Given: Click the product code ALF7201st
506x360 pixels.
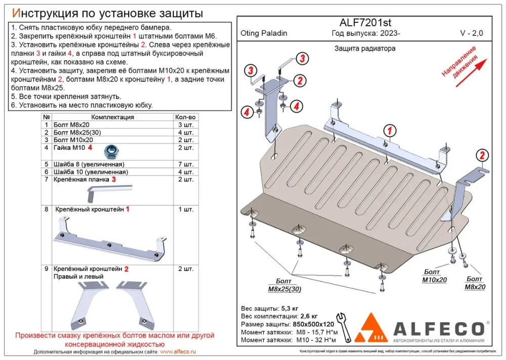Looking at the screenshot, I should pos(364,22).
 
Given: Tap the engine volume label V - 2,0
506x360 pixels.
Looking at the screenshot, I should pos(471,33).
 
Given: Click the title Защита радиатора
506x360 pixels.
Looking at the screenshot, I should pos(364,49).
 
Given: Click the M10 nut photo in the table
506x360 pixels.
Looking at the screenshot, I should pos(110,150).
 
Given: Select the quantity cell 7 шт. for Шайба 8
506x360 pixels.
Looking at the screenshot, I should pos(185,164).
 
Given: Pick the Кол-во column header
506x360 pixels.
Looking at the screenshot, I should pos(185,117).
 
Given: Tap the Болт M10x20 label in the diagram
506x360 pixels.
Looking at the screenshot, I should pos(435,276).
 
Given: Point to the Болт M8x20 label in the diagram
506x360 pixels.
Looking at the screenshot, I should pos(475,283).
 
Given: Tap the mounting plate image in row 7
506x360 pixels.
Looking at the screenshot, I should pos(109,191).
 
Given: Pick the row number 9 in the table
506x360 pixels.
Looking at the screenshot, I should pos(46,268).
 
